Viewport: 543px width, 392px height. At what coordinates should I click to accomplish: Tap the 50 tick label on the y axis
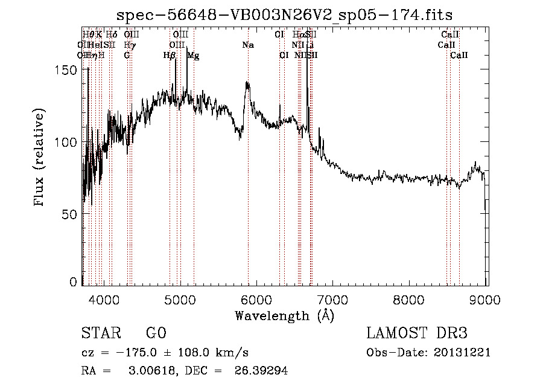71,214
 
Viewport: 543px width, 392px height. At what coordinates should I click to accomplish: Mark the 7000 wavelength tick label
333,299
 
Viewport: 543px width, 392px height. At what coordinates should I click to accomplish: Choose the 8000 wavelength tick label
410,299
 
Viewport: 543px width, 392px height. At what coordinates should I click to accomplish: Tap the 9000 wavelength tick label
486,299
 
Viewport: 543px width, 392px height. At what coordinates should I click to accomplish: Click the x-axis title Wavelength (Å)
284,315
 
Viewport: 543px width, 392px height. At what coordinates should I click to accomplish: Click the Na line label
248,45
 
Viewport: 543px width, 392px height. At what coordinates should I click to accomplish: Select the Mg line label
193,56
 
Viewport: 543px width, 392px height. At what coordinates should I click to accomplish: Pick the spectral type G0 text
156,333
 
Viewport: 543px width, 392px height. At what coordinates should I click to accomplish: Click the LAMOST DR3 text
417,333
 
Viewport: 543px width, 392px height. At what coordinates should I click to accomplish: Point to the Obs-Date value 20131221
462,353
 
